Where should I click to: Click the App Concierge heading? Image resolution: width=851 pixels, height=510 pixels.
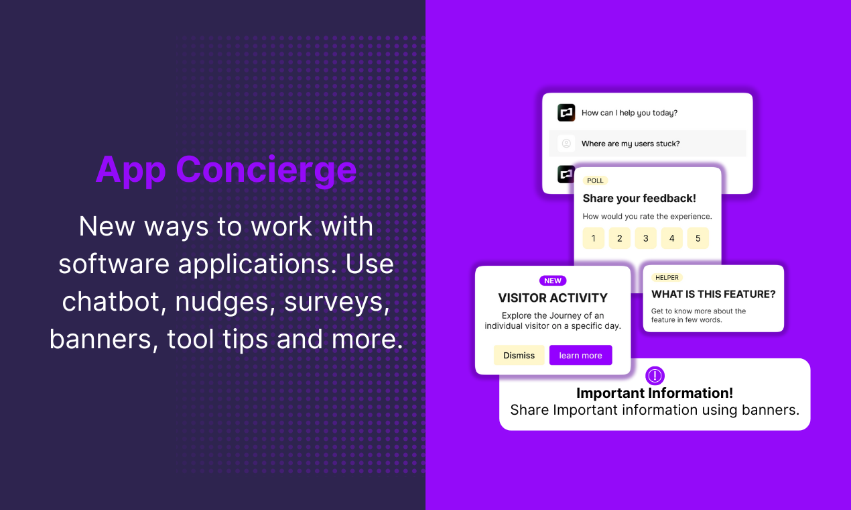click(x=226, y=170)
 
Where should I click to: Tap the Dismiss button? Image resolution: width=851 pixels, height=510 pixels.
click(x=519, y=355)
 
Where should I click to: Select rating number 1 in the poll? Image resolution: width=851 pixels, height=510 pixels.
click(x=594, y=238)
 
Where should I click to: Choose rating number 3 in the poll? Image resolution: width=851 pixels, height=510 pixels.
click(x=645, y=238)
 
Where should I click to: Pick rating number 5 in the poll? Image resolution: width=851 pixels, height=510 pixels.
click(x=698, y=238)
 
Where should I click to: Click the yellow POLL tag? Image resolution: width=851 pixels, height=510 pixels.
click(x=595, y=181)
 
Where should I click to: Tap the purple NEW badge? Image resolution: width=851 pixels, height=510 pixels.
click(x=553, y=280)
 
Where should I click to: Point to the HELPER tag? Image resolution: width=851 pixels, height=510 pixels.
click(x=667, y=277)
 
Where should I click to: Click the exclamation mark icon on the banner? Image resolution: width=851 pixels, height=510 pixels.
click(x=655, y=376)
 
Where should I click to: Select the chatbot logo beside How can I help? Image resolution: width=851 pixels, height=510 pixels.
click(x=566, y=113)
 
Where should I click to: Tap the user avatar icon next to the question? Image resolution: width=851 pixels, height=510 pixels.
click(x=566, y=144)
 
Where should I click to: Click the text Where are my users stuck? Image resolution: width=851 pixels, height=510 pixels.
click(x=631, y=144)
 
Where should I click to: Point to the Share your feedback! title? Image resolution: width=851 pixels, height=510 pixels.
click(x=639, y=198)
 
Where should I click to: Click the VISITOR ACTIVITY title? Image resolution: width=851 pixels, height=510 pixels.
click(x=553, y=298)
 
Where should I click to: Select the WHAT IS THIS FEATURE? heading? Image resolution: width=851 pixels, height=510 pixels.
click(x=714, y=294)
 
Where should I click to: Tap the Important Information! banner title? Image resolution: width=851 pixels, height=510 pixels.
click(x=655, y=393)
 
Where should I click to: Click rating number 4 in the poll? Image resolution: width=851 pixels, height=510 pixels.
click(x=671, y=238)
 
